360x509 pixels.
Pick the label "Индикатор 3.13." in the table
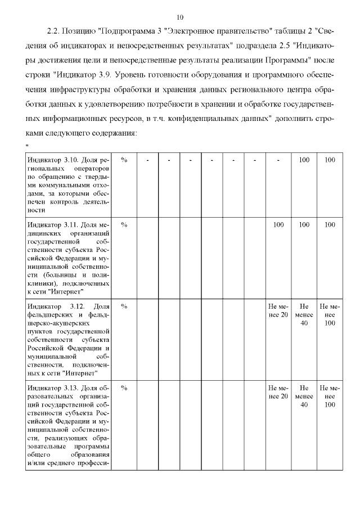pyautogui.click(x=56, y=388)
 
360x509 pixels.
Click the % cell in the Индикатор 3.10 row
pyautogui.click(x=124, y=160)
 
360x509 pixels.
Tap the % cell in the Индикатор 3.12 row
pyautogui.click(x=124, y=306)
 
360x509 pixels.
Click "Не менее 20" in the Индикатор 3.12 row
pyautogui.click(x=278, y=310)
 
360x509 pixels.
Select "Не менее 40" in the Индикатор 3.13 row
pyautogui.click(x=304, y=396)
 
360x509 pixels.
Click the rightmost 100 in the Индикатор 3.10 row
pyautogui.click(x=330, y=160)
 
